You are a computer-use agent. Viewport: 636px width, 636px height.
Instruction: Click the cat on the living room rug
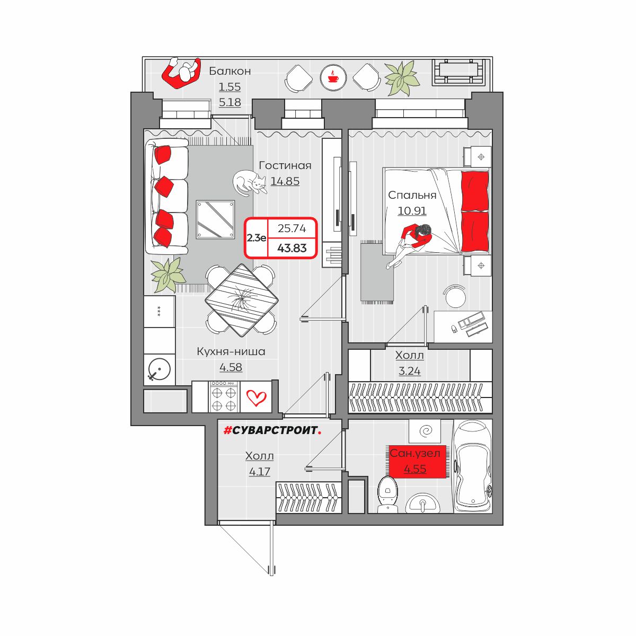point(249,182)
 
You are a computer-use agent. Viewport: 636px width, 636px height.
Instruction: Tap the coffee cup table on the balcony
point(333,78)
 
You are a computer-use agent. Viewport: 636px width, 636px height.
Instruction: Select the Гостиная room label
point(285,165)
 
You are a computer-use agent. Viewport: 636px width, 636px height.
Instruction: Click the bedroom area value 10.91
point(412,210)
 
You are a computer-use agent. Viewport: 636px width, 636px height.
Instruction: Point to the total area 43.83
point(291,248)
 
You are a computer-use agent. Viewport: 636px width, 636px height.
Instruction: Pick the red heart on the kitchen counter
point(257,397)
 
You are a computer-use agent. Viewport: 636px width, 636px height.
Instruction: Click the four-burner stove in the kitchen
point(224,397)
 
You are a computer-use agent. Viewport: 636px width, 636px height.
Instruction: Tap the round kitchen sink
point(160,369)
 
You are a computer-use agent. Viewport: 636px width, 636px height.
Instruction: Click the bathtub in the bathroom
point(473,466)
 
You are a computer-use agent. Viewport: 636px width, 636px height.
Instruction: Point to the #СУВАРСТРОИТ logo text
point(272,430)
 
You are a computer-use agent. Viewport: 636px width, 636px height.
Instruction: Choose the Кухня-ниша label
point(231,351)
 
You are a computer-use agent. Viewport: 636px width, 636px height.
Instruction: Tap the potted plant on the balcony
point(401,78)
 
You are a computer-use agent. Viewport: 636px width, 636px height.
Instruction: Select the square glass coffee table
point(215,219)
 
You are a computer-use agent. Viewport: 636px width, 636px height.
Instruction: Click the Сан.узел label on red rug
point(415,453)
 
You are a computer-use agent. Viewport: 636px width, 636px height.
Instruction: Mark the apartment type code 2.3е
point(257,237)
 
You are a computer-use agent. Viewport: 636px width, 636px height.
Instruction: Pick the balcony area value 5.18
point(229,102)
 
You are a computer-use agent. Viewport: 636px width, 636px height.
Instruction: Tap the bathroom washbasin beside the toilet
point(422,503)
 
